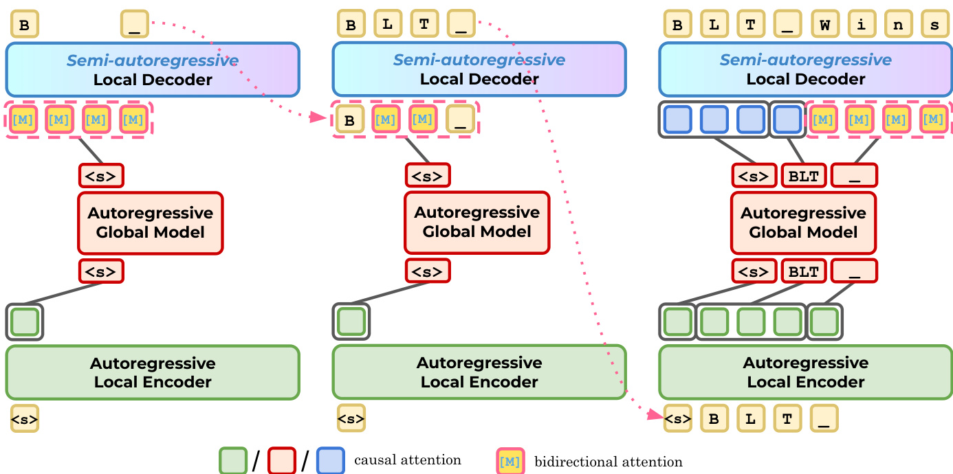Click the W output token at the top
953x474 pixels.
[x=825, y=24]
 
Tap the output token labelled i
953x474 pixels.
[x=862, y=24]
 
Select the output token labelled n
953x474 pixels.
[x=898, y=24]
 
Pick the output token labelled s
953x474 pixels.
[x=934, y=24]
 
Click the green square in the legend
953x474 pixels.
[x=233, y=461]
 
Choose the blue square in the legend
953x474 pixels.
[x=331, y=461]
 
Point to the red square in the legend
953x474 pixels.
[x=282, y=461]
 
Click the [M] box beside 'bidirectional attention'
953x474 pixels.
[x=510, y=461]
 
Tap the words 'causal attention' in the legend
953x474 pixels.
[x=408, y=460]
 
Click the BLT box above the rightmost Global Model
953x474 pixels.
[x=804, y=176]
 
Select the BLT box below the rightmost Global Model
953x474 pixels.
[x=804, y=271]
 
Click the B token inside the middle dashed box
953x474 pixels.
[x=350, y=120]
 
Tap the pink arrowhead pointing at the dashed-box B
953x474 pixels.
[x=318, y=117]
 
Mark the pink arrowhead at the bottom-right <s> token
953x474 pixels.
[x=655, y=414]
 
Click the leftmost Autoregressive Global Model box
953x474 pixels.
[x=151, y=223]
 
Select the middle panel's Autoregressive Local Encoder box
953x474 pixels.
[x=479, y=372]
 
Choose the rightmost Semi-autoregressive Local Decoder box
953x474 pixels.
[x=806, y=69]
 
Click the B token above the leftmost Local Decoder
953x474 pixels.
[x=25, y=24]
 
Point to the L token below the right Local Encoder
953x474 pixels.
[x=750, y=419]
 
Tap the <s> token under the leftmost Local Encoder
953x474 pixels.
[x=25, y=419]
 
